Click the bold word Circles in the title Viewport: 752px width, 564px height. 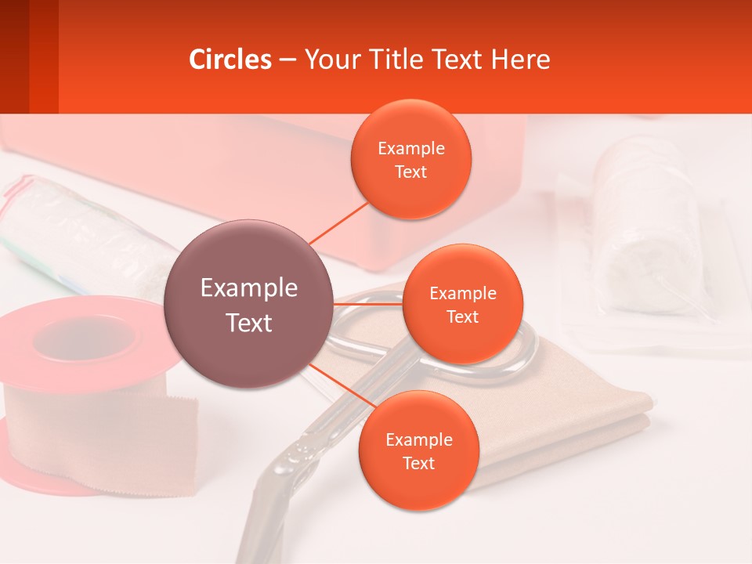pos(230,60)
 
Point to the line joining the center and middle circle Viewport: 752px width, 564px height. pos(368,303)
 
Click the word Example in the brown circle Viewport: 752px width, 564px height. pos(249,288)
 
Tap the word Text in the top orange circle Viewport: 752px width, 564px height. pos(410,172)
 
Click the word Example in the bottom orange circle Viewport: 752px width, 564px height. pos(418,440)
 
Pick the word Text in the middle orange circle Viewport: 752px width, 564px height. pos(462,317)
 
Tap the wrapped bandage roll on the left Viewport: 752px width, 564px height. pos(86,235)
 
